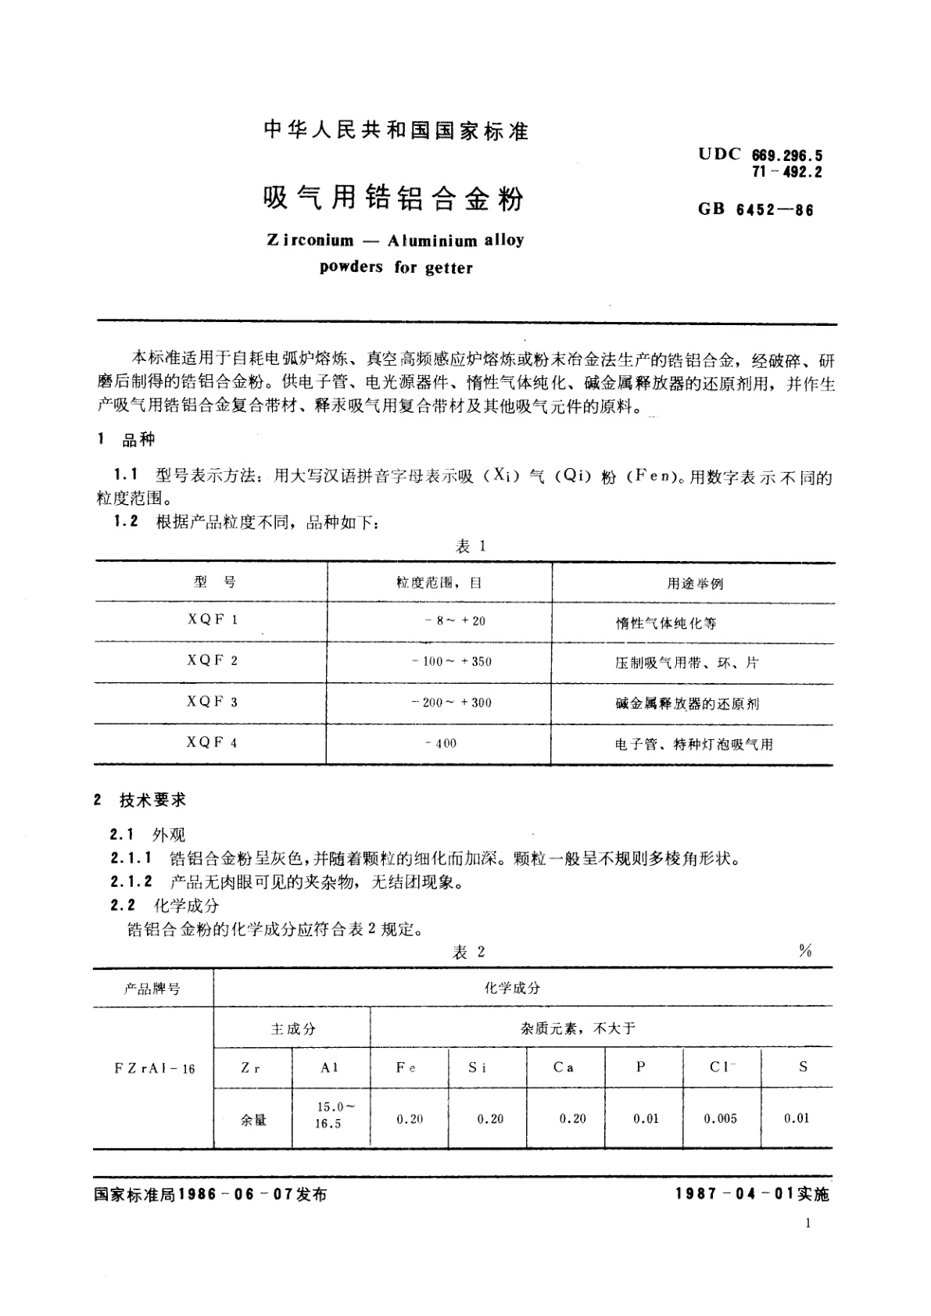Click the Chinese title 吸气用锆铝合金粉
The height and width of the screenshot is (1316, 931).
click(393, 198)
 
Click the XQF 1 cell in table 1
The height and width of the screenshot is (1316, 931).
click(212, 620)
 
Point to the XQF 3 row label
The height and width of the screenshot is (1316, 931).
click(212, 702)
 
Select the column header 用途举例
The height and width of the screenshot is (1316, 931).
click(694, 584)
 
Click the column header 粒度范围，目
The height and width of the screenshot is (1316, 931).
click(439, 583)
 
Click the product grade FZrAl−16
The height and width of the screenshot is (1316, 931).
click(154, 1068)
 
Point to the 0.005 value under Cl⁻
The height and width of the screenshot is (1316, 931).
click(720, 1118)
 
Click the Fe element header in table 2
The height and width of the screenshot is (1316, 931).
click(406, 1067)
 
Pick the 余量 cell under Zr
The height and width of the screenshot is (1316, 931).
click(253, 1119)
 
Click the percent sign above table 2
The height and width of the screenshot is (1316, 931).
click(805, 950)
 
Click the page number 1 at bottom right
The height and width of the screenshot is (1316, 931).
click(807, 1223)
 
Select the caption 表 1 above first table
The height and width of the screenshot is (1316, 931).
click(471, 547)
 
